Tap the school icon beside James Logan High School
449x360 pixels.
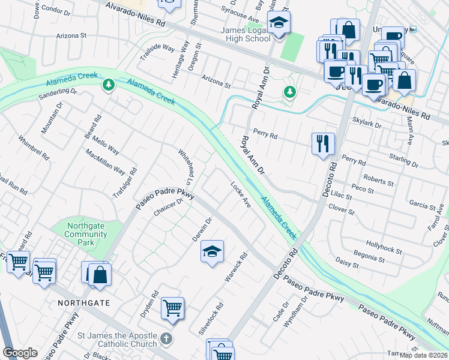tap(279, 23)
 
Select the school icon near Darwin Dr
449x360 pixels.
tap(211, 251)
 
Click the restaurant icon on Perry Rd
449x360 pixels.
tap(323, 143)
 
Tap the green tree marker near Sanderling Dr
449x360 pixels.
tap(108, 85)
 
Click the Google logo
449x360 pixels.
tap(20, 353)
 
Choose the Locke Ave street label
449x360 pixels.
tap(241, 196)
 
